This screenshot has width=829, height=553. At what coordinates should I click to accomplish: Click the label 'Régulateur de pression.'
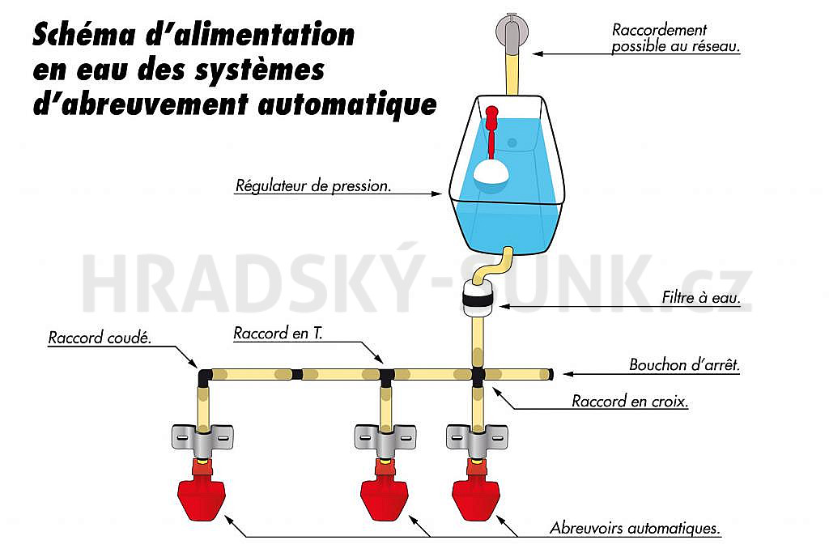point(313,185)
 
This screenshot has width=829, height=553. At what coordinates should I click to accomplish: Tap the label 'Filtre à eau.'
point(700,298)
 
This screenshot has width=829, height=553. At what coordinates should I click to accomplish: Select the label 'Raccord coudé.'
point(100,338)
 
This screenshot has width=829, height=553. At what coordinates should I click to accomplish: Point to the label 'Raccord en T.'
point(278,333)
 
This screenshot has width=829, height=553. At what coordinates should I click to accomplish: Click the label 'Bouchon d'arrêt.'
point(684,365)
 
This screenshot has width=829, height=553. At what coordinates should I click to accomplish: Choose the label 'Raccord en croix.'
point(630,402)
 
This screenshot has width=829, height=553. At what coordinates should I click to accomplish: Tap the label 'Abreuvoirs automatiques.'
point(635,528)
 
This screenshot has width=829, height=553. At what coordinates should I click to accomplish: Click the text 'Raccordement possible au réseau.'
point(676,37)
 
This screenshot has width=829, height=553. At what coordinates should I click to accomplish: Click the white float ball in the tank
point(491,172)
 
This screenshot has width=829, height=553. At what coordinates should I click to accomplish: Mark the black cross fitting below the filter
point(478,376)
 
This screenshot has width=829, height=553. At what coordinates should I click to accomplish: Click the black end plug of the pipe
point(551,374)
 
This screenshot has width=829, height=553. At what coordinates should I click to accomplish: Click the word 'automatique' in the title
point(347,104)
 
